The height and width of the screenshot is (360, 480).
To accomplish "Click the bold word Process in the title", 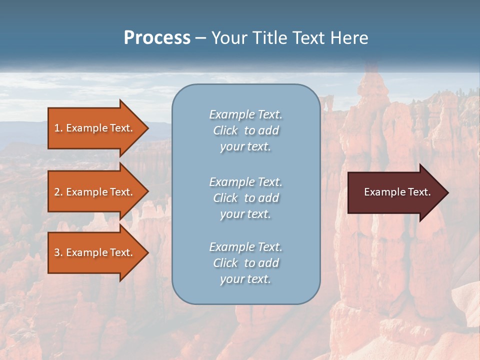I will tap(157, 38).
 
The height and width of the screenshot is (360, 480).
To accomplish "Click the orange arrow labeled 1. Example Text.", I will tap(95, 128).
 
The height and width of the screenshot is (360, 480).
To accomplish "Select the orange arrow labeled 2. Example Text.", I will tap(95, 192).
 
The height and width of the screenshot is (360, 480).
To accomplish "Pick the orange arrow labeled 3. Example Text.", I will tap(95, 252).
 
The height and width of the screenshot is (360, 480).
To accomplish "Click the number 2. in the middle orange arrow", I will tap(58, 192).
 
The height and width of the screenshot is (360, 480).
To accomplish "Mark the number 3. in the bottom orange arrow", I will tap(58, 252).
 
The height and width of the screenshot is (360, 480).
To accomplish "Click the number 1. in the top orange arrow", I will tap(58, 128).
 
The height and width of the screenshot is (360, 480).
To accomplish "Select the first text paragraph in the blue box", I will tap(245, 130).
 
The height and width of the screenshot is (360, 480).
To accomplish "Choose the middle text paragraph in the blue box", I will tap(245, 198).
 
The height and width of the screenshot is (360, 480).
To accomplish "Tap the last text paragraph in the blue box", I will tap(245, 263).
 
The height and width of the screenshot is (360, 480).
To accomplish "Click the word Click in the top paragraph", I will tap(225, 130).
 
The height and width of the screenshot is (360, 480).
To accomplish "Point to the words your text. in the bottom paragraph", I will tap(245, 279).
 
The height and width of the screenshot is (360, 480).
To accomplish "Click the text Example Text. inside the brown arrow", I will tap(397, 192).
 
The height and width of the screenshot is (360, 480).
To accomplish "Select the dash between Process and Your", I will tap(200, 38).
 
